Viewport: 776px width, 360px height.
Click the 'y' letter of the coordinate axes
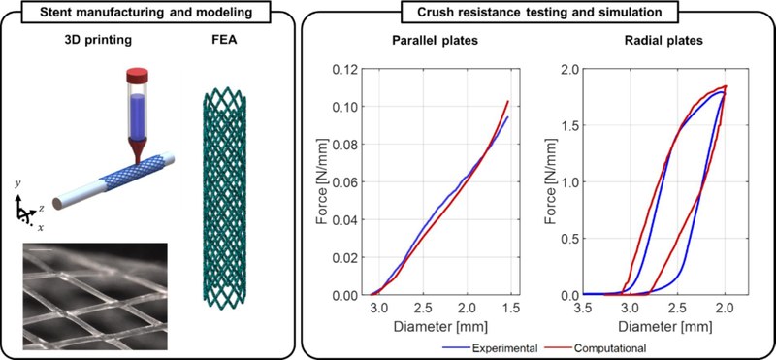[19, 180]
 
